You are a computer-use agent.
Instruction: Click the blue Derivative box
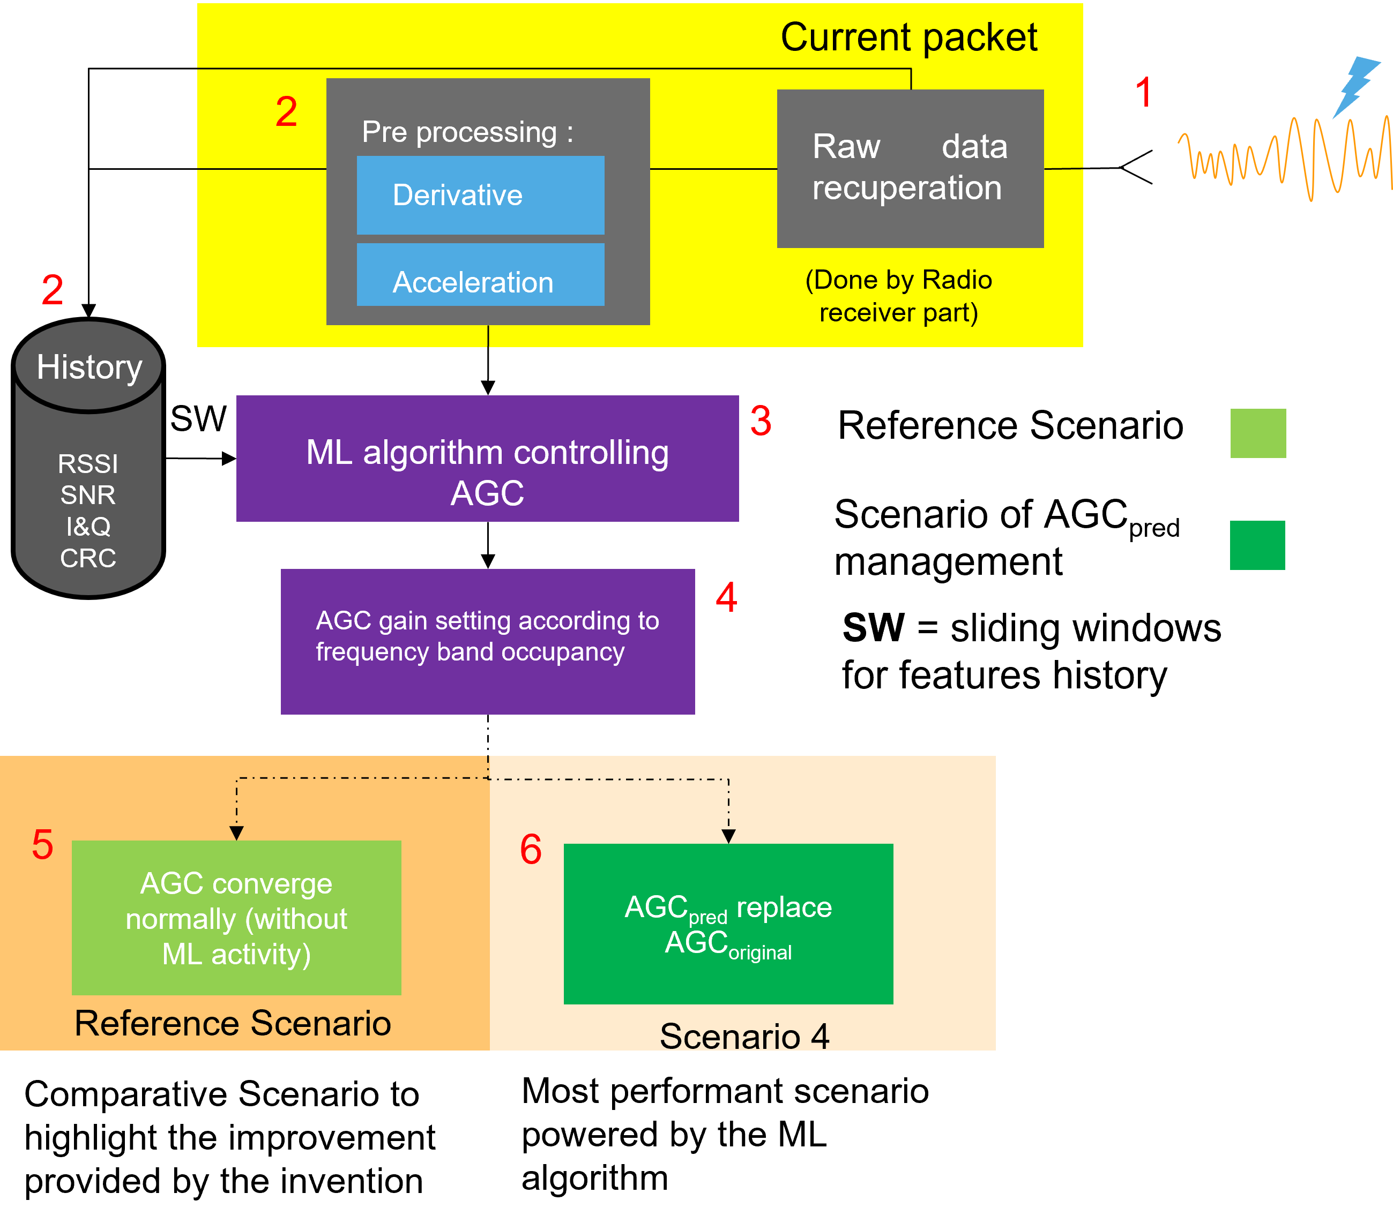[x=480, y=195]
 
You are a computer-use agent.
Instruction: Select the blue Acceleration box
[x=480, y=276]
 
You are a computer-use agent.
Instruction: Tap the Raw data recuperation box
[x=910, y=168]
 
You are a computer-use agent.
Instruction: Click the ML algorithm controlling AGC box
[x=487, y=459]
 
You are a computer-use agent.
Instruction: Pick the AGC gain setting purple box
[x=487, y=641]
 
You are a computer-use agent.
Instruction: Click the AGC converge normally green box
[x=236, y=918]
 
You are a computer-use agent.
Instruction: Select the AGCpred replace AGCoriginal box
[x=728, y=924]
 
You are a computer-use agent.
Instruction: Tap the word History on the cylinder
[x=90, y=367]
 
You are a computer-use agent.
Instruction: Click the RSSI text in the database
[x=88, y=464]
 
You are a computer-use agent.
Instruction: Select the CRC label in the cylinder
[x=88, y=558]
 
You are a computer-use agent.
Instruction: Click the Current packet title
[x=908, y=37]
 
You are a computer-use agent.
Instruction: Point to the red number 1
[x=1143, y=93]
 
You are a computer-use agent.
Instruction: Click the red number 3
[x=761, y=421]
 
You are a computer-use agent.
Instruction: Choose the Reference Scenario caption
[x=233, y=1023]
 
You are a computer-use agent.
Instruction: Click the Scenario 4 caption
[x=744, y=1037]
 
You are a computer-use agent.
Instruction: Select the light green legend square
[x=1257, y=433]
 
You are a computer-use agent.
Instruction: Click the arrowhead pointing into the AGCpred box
[x=728, y=836]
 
